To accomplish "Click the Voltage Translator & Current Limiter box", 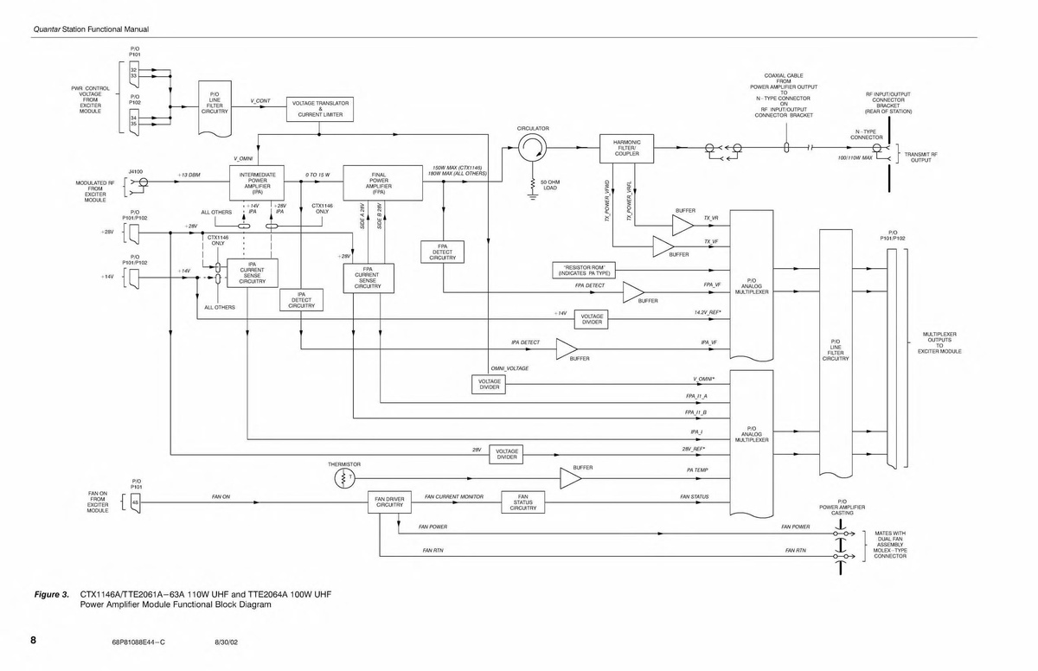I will (320, 108).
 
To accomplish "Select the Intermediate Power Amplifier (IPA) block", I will (257, 183).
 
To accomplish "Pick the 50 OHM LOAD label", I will (550, 185).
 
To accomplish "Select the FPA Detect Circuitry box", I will (442, 252).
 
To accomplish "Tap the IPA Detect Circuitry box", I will (301, 300).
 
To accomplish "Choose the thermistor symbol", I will (344, 478).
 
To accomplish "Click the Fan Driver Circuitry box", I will (389, 502).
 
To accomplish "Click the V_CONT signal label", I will (260, 101).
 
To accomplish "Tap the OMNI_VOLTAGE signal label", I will (509, 368).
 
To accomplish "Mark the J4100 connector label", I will (135, 171).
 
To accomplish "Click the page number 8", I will (33, 641).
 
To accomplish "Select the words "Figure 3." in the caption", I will (51, 595).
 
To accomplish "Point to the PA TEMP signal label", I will (697, 470).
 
